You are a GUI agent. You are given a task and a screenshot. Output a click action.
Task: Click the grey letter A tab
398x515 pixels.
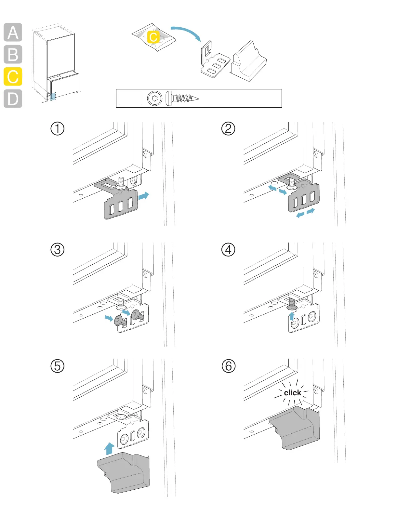13,33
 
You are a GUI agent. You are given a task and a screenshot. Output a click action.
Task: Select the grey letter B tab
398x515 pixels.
13,54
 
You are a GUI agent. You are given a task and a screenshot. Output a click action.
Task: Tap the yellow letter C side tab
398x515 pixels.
13,77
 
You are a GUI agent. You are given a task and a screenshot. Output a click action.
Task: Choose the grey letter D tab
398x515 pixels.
13,99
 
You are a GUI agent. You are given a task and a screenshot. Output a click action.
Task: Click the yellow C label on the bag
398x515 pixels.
153,37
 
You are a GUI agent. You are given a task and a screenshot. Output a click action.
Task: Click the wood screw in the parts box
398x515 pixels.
182,98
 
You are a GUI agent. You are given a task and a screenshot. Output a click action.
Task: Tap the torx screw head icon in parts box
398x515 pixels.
154,98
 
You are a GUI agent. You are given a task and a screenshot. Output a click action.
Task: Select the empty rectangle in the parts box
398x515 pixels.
130,98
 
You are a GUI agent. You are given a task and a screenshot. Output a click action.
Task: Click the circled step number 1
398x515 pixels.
58,128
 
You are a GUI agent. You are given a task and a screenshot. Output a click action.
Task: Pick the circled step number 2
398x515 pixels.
228,128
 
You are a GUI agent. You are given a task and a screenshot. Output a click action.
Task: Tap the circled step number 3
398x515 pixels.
58,250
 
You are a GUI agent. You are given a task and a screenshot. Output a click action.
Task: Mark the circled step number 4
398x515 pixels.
228,250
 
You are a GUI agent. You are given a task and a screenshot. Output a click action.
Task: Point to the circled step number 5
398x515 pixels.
58,366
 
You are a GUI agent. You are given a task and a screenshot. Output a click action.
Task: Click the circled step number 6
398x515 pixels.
228,366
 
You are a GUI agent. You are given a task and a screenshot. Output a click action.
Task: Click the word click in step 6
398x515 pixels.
292,393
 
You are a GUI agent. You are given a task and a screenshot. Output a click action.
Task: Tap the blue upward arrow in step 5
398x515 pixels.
110,449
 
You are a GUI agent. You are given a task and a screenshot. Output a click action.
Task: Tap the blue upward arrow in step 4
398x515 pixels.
292,316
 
